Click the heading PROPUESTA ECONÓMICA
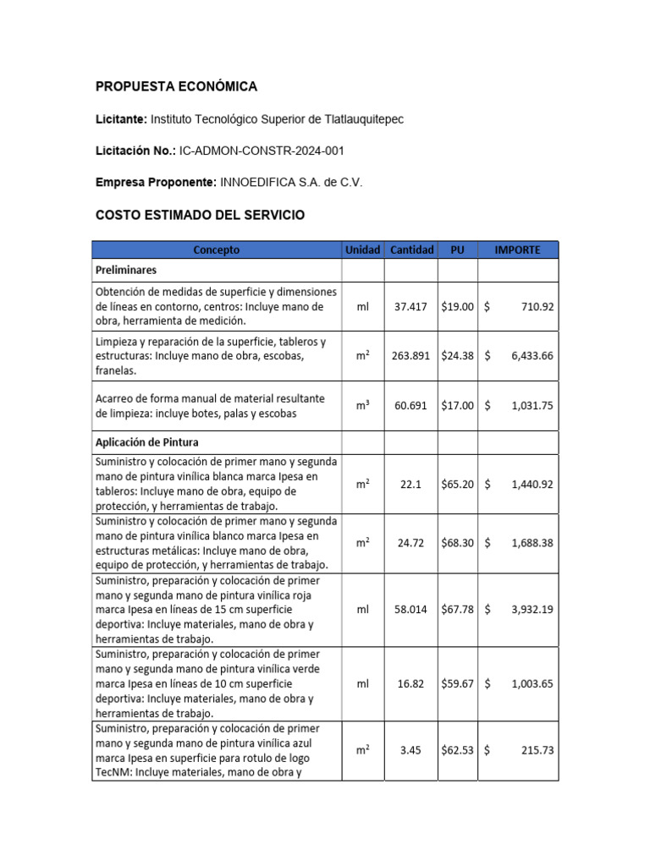[x=176, y=87]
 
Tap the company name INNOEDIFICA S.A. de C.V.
[x=290, y=183]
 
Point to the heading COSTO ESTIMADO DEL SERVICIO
[x=200, y=216]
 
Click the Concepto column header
[x=217, y=249]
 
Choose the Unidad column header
[x=362, y=249]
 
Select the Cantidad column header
[x=411, y=249]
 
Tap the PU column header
[x=458, y=249]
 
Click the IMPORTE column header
[x=517, y=249]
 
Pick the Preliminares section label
[x=126, y=271]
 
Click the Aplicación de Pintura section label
[x=148, y=442]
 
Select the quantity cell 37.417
[x=411, y=306]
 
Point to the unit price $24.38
[x=458, y=356]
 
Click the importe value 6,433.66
[x=532, y=356]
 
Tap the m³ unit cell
[x=362, y=405]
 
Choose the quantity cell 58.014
[x=411, y=609]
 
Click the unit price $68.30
[x=458, y=543]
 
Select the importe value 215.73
[x=537, y=749]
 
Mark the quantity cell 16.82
[x=411, y=683]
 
